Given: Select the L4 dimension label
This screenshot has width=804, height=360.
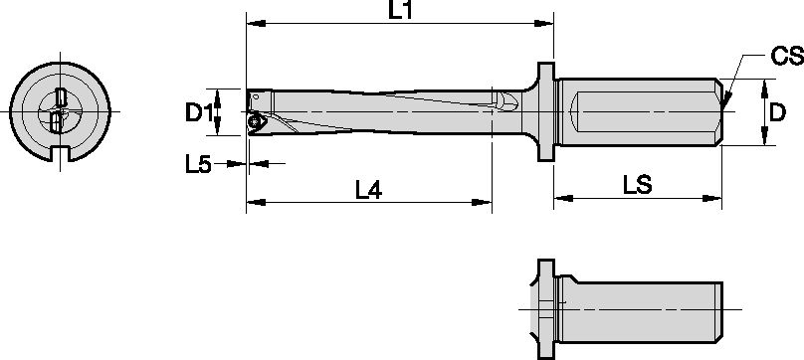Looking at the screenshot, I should [x=368, y=189].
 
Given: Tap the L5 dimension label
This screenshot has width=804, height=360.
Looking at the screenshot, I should [x=199, y=164].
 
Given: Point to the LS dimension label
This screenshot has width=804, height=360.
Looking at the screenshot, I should [x=637, y=186].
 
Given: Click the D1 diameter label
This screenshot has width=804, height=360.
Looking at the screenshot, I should [x=200, y=112].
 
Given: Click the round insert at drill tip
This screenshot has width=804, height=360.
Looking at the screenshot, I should [x=256, y=121].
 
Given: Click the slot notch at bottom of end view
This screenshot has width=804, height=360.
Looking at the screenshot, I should [x=60, y=154].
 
